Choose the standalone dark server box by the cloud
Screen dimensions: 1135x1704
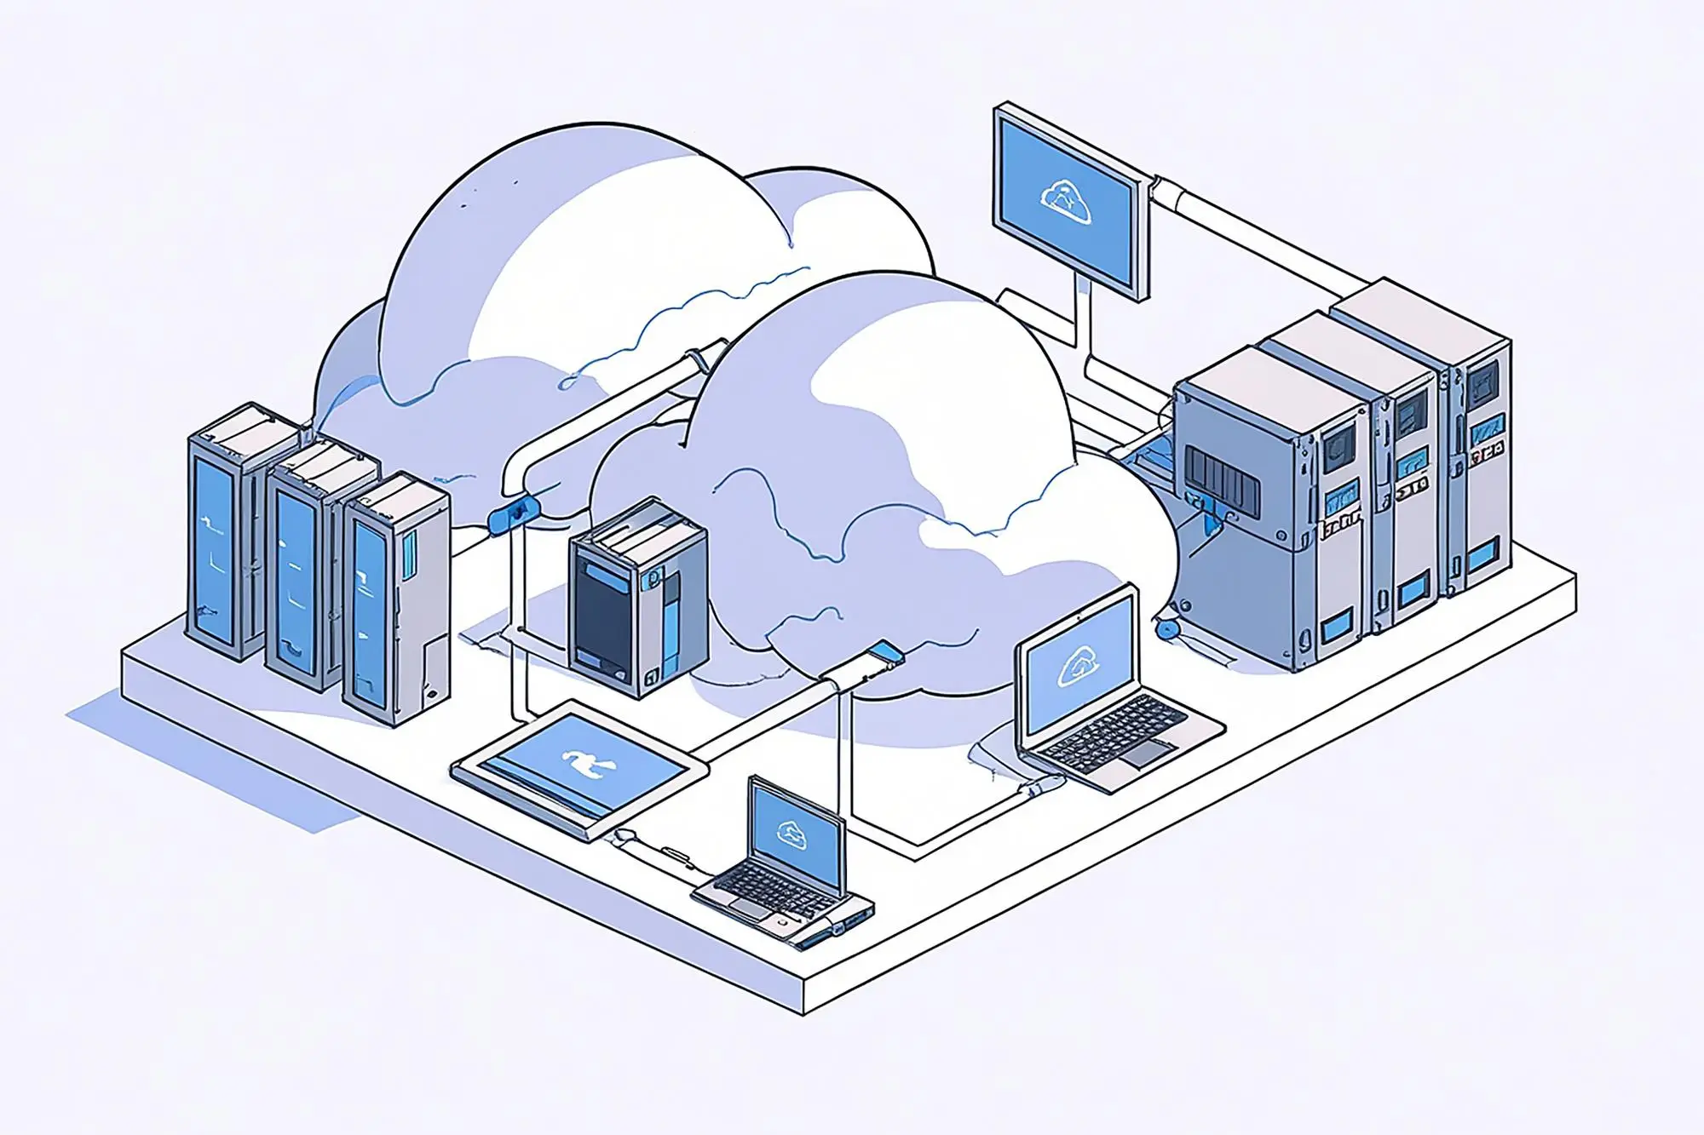(637, 597)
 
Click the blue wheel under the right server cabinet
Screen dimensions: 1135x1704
(1166, 629)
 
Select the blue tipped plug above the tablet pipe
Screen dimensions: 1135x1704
(887, 652)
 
